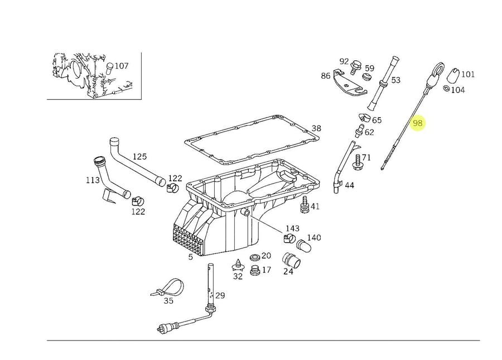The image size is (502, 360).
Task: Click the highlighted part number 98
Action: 418,123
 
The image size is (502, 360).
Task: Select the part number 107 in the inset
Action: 122,66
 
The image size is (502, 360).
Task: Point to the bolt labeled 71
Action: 357,162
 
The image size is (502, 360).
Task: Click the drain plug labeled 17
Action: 255,270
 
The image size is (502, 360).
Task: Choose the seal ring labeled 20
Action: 255,257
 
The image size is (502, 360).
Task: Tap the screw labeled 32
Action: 238,265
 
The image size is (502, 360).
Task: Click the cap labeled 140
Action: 303,246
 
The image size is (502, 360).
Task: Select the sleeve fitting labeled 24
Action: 291,261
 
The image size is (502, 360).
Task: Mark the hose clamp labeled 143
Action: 289,238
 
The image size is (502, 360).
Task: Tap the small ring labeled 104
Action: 446,88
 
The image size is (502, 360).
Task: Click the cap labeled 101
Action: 453,75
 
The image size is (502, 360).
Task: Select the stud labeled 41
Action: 305,205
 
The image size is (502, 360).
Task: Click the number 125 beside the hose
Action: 139,157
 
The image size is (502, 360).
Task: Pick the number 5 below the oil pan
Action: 191,257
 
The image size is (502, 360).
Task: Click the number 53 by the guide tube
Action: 396,80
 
